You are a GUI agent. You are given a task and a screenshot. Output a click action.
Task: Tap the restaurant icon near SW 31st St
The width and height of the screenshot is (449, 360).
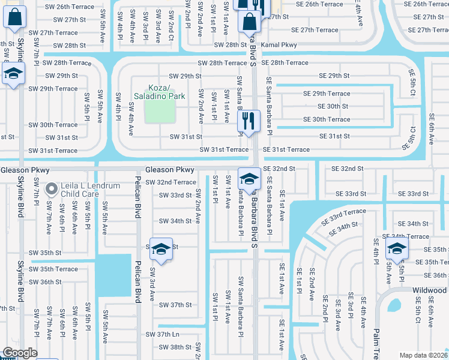pyautogui.click(x=249, y=120)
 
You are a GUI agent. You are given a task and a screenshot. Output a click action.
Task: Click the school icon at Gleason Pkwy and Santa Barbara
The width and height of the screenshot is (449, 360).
pyautogui.click(x=249, y=178)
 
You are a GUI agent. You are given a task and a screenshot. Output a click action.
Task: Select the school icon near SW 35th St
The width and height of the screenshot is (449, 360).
pyautogui.click(x=161, y=250)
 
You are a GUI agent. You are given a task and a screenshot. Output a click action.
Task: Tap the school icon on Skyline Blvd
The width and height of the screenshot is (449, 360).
pyautogui.click(x=13, y=74)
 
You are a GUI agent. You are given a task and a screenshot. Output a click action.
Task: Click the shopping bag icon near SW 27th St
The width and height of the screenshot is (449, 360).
pyautogui.click(x=14, y=18)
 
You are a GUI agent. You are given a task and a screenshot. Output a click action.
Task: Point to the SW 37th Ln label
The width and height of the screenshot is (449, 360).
pyautogui.click(x=163, y=334)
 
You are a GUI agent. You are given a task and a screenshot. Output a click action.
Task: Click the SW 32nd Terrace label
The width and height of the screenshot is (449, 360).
pyautogui.click(x=170, y=182)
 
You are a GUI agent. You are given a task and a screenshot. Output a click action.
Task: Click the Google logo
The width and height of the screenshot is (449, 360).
pyautogui.click(x=20, y=353)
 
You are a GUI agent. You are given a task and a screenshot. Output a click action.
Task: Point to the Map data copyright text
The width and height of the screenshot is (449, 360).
pyautogui.click(x=423, y=355)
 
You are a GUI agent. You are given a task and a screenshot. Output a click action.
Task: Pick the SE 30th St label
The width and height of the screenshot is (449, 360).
pyautogui.click(x=333, y=106)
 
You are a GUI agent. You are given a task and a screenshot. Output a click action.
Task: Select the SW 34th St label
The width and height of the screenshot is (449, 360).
pyautogui.click(x=175, y=221)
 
